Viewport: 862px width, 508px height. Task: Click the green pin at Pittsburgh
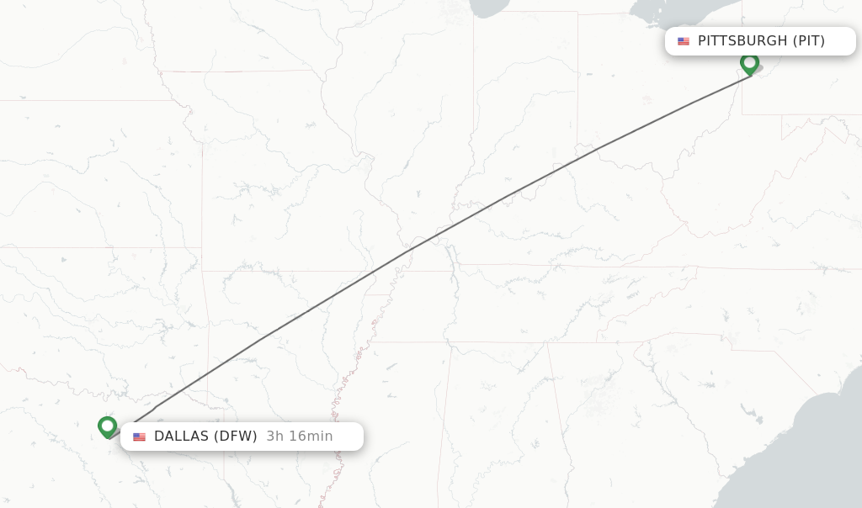[749, 63]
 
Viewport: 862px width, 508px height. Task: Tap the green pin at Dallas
[107, 426]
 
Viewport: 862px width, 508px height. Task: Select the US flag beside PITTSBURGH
[684, 41]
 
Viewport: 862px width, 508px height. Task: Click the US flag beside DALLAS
[139, 437]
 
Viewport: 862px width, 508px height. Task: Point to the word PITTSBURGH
[742, 40]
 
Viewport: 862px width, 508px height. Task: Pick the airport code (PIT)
[808, 40]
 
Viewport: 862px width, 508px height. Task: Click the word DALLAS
[181, 436]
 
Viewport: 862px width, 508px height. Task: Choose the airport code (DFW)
[235, 436]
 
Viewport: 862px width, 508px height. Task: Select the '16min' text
[311, 436]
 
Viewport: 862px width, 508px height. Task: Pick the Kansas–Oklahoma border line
[101, 247]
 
